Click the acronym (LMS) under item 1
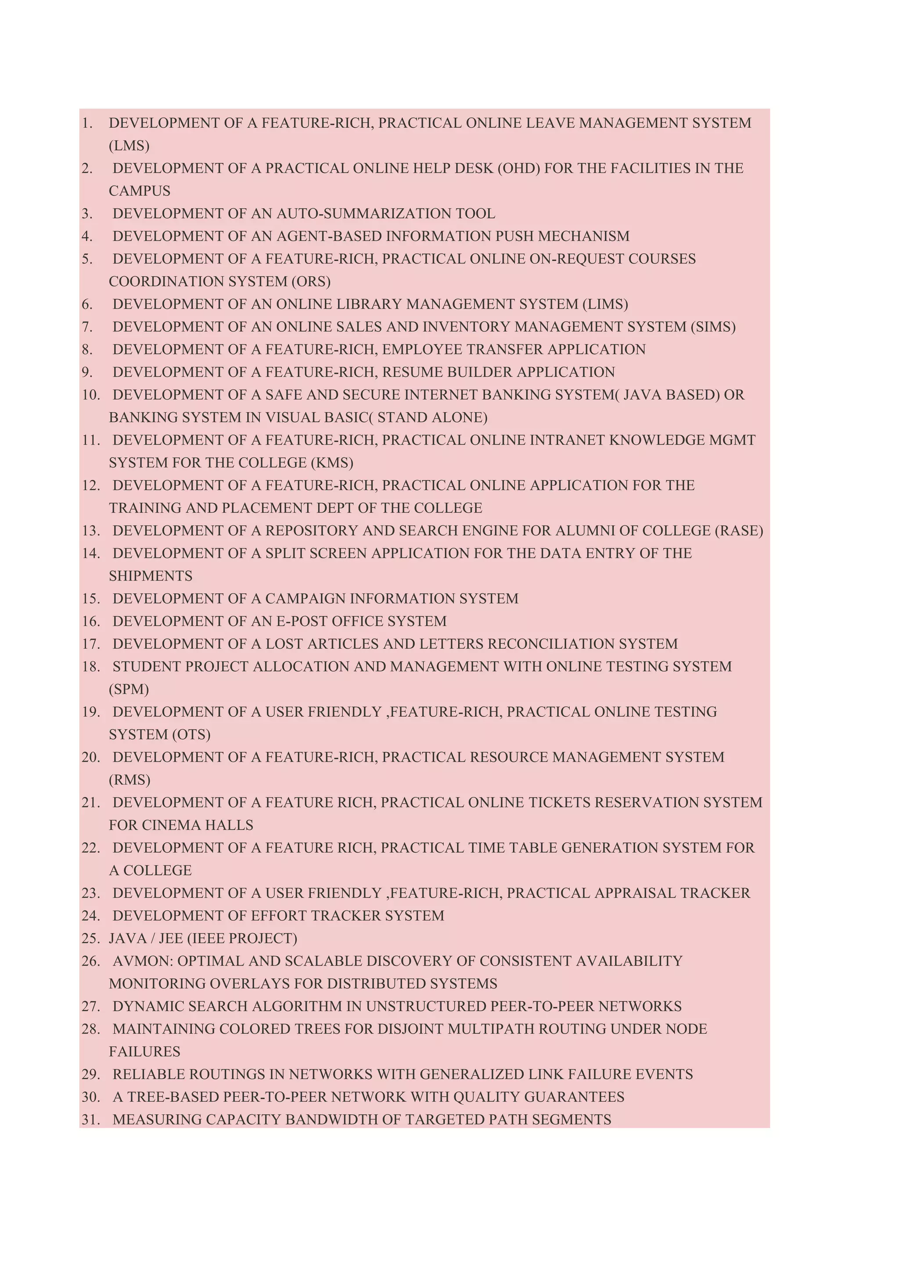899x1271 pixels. coord(129,146)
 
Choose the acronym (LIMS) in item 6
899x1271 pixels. coord(604,305)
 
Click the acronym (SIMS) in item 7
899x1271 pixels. coord(713,327)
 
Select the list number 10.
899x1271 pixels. coord(91,395)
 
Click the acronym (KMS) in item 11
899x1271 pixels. coord(332,463)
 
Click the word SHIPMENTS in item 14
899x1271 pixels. coord(151,576)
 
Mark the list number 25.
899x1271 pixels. coord(91,938)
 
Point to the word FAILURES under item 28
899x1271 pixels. coord(144,1052)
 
